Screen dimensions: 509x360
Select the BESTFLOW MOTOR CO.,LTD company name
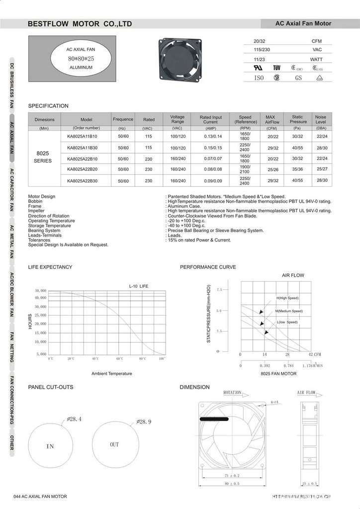80,23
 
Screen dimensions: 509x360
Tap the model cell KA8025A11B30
83,148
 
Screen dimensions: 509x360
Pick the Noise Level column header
321,119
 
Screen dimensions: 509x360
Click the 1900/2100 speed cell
245,170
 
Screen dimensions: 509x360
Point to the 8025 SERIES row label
43,157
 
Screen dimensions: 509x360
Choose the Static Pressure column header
297,119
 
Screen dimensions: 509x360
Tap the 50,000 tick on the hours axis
40,290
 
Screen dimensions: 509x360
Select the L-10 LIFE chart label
138,286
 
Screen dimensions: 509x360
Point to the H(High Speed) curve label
287,298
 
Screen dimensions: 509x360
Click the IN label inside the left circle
50,446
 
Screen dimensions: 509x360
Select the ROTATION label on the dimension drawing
232,393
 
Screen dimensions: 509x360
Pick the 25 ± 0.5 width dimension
310,483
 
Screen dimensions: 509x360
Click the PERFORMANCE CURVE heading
208,267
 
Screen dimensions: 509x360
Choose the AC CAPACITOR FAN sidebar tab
11,190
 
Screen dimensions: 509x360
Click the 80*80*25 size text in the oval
81,58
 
